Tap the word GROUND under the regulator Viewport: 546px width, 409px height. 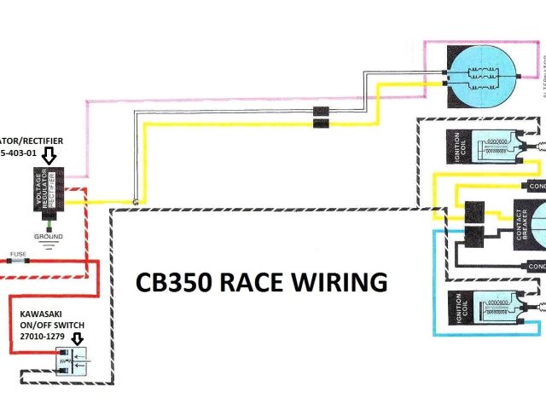click(x=48, y=236)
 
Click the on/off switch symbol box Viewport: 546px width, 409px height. click(x=72, y=365)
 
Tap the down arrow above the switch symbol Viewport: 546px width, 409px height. click(x=78, y=340)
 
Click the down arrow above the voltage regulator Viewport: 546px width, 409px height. click(x=49, y=154)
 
